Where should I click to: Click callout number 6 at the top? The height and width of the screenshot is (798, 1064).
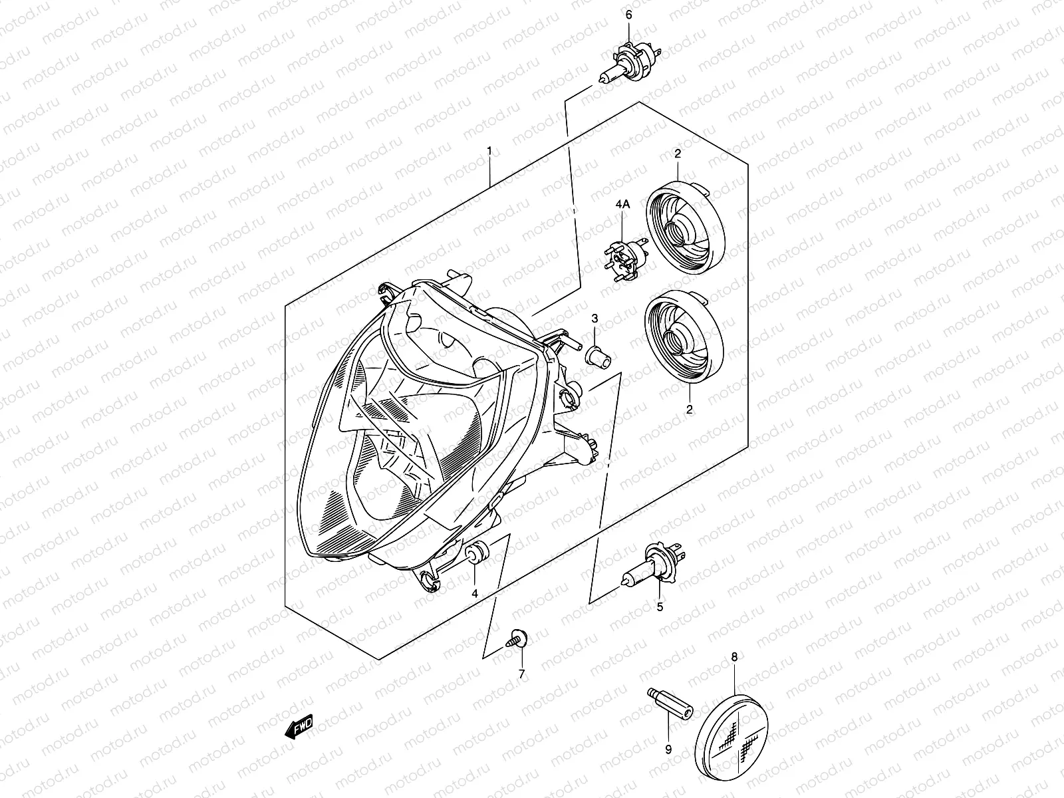click(628, 15)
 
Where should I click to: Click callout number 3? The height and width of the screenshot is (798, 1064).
click(595, 319)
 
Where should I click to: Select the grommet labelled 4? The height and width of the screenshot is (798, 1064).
click(477, 554)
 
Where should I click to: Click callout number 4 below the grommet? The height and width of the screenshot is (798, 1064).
click(475, 593)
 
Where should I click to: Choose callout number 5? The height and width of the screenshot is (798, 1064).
click(660, 606)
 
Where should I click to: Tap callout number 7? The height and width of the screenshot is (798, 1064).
click(521, 674)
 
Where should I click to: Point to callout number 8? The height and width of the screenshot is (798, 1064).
click(734, 657)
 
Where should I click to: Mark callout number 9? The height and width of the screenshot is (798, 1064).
click(668, 749)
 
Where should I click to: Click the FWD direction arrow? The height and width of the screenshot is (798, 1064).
click(298, 728)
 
